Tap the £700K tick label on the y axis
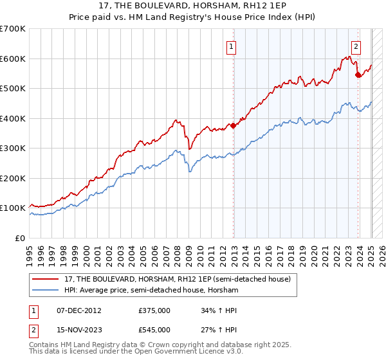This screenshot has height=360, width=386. (13, 29)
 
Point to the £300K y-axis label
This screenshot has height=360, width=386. (13, 148)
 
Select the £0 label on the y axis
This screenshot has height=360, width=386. (21, 238)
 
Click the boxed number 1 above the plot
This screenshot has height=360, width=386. (230, 46)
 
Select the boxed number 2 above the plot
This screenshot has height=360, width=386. (356, 46)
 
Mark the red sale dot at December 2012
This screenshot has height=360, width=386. (234, 126)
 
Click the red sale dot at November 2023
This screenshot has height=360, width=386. (358, 75)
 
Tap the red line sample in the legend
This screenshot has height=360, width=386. (46, 279)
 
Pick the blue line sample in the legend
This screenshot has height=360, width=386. (46, 290)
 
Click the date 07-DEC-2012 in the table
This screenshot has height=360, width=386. (79, 310)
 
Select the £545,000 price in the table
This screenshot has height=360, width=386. (154, 330)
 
